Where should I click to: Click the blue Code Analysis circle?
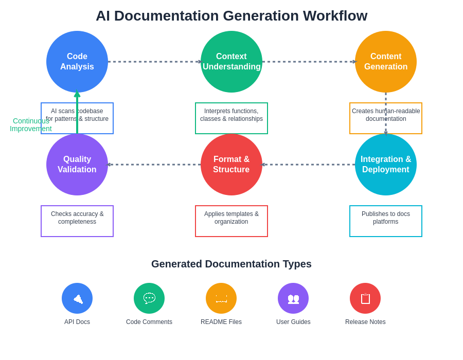pos(77,62)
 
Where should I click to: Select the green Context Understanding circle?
pos(232,62)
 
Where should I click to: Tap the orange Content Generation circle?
pos(386,62)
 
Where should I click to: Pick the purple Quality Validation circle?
pos(77,165)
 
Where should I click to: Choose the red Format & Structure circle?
pos(232,165)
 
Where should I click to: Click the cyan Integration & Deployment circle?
pos(386,165)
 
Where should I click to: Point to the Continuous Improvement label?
pos(31,124)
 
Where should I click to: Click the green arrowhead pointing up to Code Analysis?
pos(77,94)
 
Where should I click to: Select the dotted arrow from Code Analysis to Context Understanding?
pos(154,62)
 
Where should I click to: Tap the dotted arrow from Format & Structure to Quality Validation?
pos(154,165)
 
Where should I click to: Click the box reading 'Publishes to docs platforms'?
pos(386,221)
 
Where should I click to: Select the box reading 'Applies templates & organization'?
pos(232,221)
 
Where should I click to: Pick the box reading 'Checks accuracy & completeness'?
pos(77,221)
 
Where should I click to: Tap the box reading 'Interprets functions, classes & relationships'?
pos(232,118)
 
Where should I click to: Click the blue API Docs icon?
pos(77,298)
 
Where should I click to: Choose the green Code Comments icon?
pos(149,298)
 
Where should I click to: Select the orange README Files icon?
pos(221,298)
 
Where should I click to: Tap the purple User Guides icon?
pos(293,298)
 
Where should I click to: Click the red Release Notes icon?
pos(365,298)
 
